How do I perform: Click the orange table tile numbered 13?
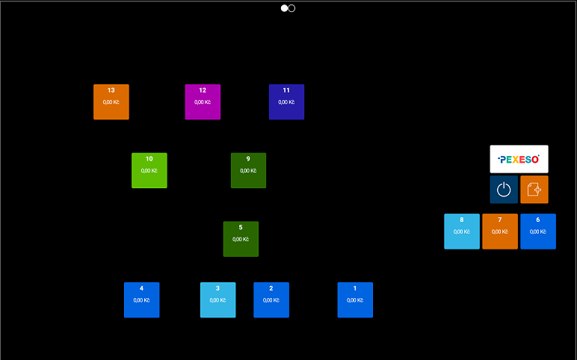[111, 102]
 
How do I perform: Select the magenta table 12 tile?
[203, 102]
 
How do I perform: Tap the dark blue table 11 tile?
[286, 102]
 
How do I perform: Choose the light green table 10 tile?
[149, 170]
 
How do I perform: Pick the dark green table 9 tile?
[248, 170]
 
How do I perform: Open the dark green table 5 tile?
[241, 239]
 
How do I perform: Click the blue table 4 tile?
[141, 300]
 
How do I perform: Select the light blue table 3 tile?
[217, 300]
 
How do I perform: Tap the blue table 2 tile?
[271, 300]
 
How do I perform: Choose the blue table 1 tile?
[355, 300]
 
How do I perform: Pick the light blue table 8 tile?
[462, 232]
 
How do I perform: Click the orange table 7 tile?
[500, 232]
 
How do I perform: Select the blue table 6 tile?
[538, 232]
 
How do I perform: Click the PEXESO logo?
[519, 159]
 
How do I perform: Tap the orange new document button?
[534, 190]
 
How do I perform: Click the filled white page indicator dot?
[285, 8]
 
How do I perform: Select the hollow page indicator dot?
[291, 8]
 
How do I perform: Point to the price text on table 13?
[111, 102]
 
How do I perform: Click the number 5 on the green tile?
[241, 227]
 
